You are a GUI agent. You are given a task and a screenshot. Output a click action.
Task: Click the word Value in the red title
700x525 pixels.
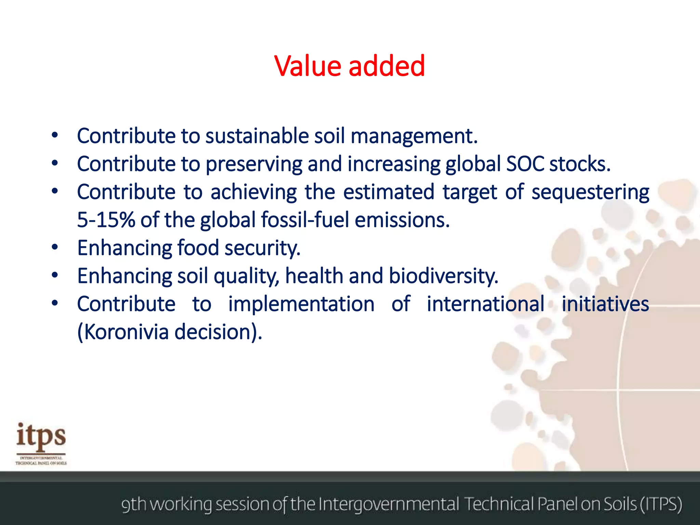[x=308, y=66]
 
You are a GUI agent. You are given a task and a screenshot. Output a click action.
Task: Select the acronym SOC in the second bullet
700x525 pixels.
[x=525, y=164]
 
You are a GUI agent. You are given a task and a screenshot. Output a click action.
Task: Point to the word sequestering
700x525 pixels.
[x=590, y=192]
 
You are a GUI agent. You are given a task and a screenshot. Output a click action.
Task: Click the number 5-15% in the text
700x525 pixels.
[x=106, y=220]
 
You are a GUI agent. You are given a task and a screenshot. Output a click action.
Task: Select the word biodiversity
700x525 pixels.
[x=443, y=276]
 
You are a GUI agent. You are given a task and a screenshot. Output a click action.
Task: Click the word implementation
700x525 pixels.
[x=301, y=304]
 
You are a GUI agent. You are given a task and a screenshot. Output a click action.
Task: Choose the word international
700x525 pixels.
[x=485, y=304]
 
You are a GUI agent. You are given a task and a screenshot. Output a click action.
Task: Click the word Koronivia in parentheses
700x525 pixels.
[x=126, y=332]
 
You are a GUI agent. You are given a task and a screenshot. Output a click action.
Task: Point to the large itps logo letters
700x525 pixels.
[x=41, y=437]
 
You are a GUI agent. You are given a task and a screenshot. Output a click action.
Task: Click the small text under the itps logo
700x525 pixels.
[x=41, y=460]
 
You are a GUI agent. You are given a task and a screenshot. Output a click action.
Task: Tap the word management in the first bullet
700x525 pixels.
[x=414, y=136]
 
